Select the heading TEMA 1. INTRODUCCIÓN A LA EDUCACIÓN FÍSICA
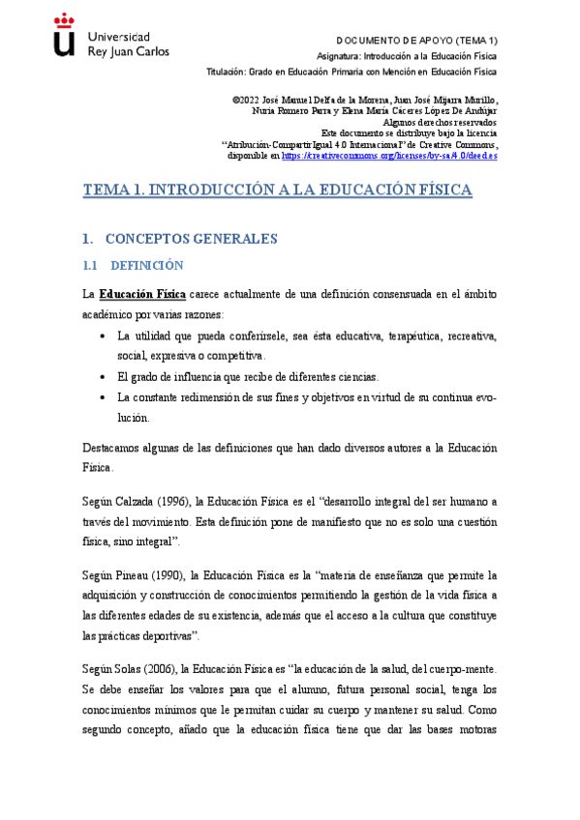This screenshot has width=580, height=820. pyautogui.click(x=278, y=190)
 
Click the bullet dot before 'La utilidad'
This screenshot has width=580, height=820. pyautogui.click(x=103, y=337)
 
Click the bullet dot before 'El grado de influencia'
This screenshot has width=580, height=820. pyautogui.click(x=103, y=377)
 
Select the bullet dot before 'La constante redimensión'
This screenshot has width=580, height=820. pyautogui.click(x=103, y=397)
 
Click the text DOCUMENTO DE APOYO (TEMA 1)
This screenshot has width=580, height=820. pyautogui.click(x=416, y=41)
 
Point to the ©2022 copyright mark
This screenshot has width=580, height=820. pyautogui.click(x=248, y=101)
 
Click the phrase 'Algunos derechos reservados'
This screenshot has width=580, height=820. pyautogui.click(x=441, y=123)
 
